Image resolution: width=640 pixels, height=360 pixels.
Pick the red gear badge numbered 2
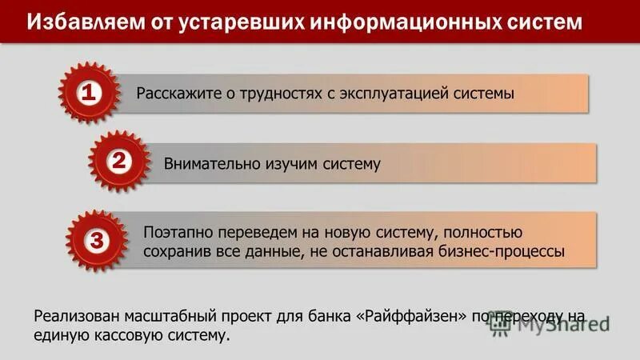tap(118, 162)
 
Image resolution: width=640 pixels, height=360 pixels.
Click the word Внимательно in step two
tap(210, 164)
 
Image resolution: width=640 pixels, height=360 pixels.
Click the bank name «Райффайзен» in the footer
tap(410, 316)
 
